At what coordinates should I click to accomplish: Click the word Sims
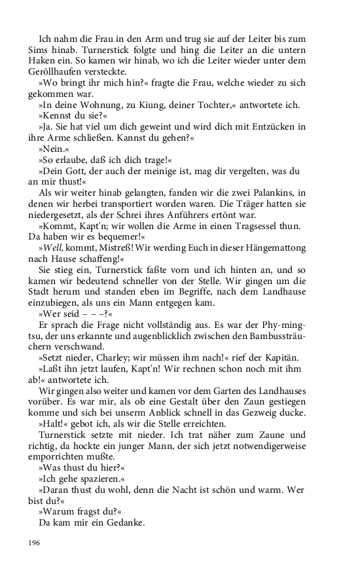tap(37, 50)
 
